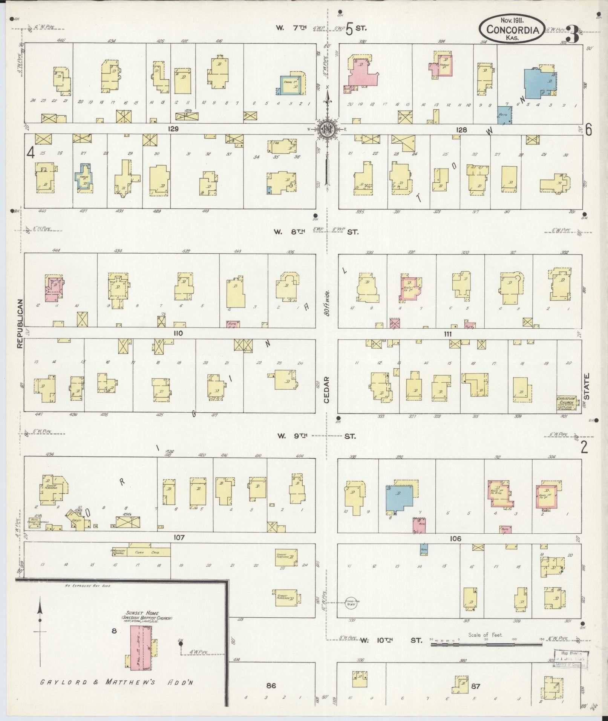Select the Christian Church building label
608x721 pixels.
tap(567, 403)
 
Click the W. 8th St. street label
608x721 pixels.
tap(317, 231)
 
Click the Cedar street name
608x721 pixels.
tap(326, 389)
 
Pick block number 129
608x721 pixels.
tap(173, 129)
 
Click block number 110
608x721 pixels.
tap(178, 333)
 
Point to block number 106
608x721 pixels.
tap(455, 539)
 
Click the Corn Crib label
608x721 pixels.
tap(150, 552)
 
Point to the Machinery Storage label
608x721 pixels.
tap(118, 552)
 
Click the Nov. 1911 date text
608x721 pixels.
tap(512, 19)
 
